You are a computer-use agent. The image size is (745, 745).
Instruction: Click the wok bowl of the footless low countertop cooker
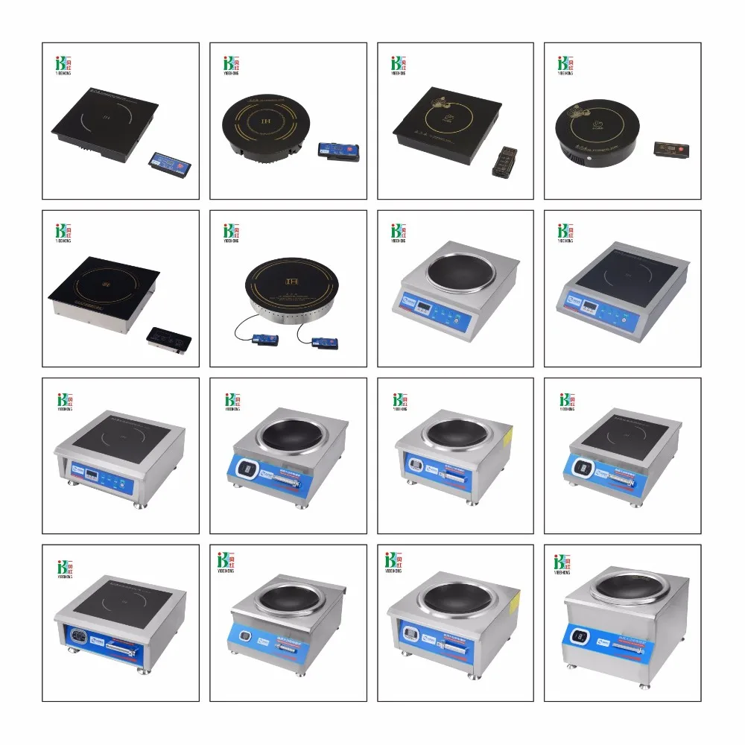pos(455,270)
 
